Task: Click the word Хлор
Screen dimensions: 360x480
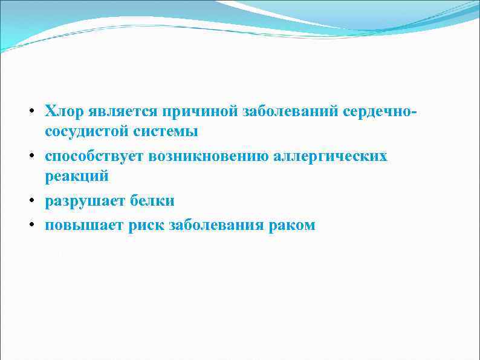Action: (65, 112)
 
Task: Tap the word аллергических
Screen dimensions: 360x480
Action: (330, 157)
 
